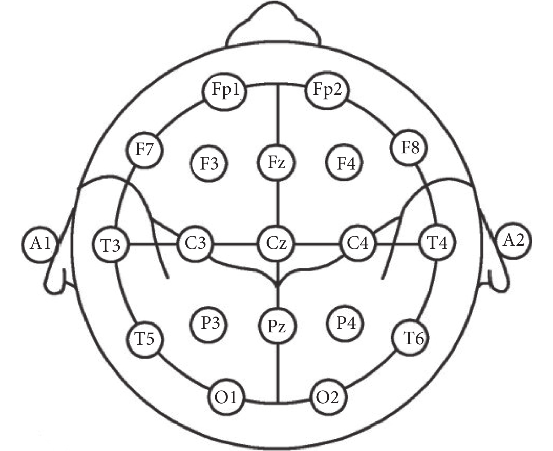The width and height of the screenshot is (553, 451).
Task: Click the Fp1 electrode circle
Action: coord(224,92)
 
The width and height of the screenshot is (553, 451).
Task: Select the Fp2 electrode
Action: coord(327,90)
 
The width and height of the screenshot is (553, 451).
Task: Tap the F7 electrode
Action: coord(145,150)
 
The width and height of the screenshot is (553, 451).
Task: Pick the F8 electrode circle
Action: coord(409,148)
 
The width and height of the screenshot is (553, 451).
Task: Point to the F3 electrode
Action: coord(209,164)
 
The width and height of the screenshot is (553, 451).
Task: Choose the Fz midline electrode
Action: coord(276,163)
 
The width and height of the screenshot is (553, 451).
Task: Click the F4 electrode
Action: coord(344,163)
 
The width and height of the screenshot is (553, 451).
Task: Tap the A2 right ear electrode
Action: coord(513,241)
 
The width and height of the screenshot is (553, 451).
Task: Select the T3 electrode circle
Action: coord(111,245)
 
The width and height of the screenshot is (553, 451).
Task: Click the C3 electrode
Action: coord(195,244)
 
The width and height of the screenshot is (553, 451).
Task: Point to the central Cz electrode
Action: coord(276,244)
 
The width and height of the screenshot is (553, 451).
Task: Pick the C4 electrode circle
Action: coord(357,243)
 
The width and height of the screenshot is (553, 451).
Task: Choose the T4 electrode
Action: coord(437,243)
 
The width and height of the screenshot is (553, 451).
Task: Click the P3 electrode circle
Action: coord(209,324)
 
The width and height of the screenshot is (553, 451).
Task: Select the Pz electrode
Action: coord(277,326)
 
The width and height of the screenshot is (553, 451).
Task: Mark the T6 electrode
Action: coord(410,338)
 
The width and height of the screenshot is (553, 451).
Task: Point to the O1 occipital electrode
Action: coord(226,397)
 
